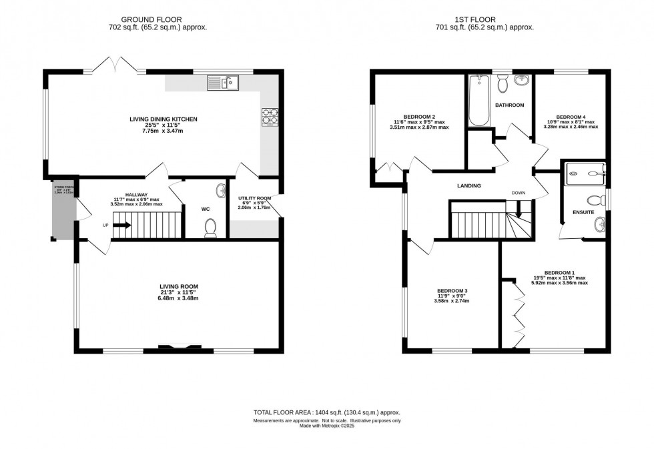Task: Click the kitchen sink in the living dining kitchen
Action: tap(224, 83)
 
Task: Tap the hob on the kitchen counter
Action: tap(271, 117)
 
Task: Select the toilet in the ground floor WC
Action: tap(211, 228)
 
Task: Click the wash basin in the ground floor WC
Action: tap(221, 192)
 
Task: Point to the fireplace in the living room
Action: tap(178, 346)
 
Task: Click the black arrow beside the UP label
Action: tap(121, 225)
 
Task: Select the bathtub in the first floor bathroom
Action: tap(479, 100)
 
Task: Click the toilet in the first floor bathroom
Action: tap(504, 85)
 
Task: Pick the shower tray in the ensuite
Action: tap(585, 173)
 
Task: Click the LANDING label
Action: tap(469, 186)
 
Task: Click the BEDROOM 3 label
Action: tap(452, 291)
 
